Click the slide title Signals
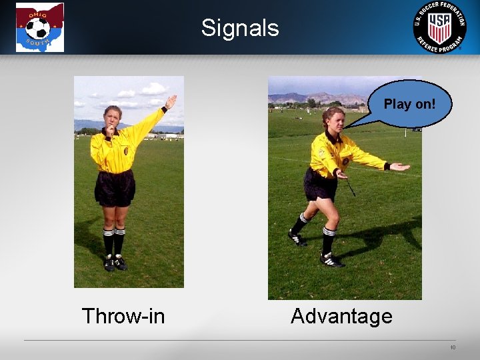[x=240, y=28]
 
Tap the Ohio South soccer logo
[x=40, y=27]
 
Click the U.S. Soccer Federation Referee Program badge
[x=439, y=27]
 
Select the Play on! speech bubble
[x=409, y=104]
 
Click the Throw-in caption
[x=123, y=316]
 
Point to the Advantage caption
[x=341, y=316]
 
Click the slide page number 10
[x=453, y=347]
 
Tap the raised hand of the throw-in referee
[x=171, y=101]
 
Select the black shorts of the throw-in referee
[x=115, y=188]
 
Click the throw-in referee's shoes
[x=114, y=263]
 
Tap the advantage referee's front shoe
[x=331, y=260]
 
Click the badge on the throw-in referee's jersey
[x=126, y=151]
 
